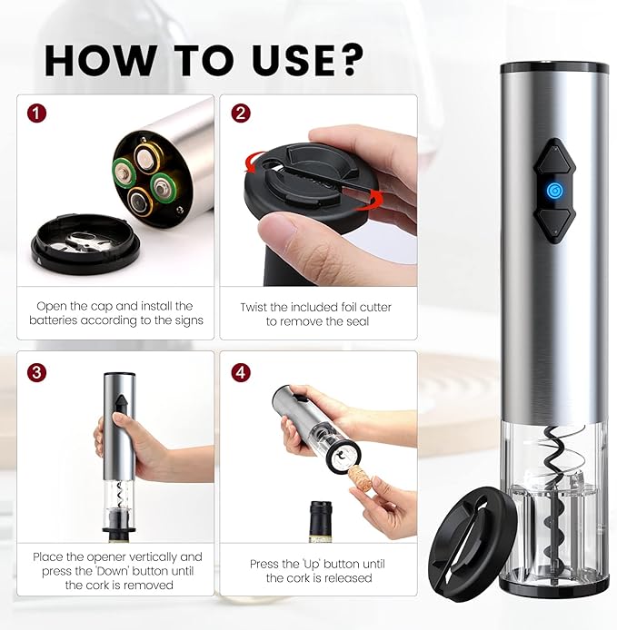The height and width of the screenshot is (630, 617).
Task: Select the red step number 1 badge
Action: (35, 114)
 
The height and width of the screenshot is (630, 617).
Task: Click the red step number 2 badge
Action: (241, 114)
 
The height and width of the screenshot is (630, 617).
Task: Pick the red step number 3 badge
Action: (35, 371)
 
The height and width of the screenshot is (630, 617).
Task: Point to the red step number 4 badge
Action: (241, 371)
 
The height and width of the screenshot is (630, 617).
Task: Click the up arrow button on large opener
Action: (553, 156)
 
